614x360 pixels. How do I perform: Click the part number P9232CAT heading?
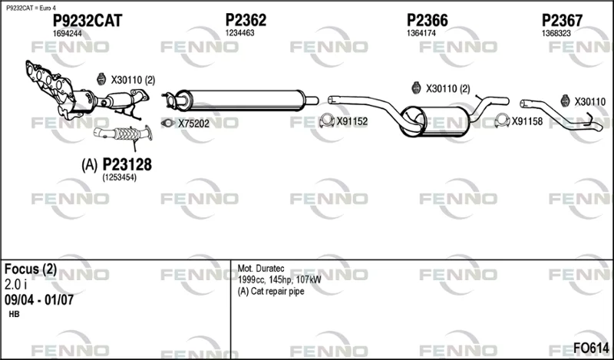87,21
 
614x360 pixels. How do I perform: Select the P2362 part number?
246,20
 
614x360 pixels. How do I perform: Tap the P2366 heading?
427,20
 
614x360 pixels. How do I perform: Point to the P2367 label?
562,21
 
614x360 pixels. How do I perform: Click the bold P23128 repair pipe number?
127,164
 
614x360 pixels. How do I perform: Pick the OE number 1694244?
68,34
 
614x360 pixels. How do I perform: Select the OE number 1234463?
239,33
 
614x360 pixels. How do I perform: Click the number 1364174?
421,33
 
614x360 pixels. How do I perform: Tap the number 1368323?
556,33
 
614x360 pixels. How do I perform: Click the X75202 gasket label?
194,124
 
